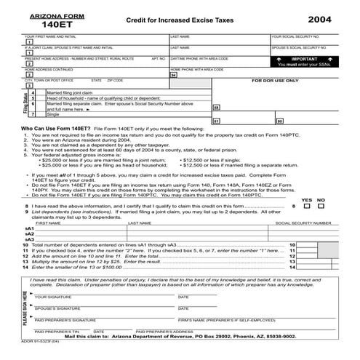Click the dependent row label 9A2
(30, 233)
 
